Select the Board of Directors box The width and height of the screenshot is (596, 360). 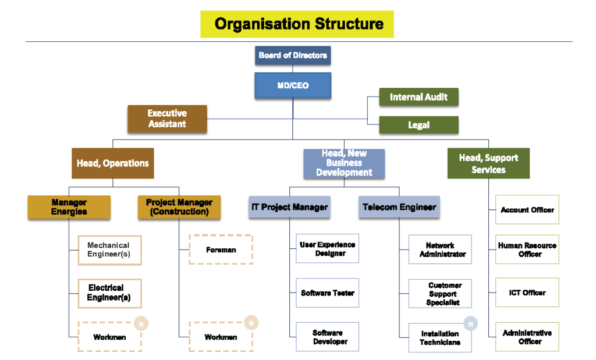(x=293, y=55)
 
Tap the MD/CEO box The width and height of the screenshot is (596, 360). (x=293, y=85)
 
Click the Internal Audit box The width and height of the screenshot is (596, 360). (x=418, y=97)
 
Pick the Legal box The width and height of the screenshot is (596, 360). (x=418, y=125)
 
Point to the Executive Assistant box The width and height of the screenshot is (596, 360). (x=167, y=119)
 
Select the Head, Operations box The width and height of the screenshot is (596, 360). (x=113, y=163)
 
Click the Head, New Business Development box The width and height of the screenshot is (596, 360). (x=344, y=163)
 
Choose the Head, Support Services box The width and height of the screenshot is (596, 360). (x=488, y=163)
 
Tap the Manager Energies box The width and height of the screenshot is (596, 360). (x=69, y=207)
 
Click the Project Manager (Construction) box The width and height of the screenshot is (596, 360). (x=179, y=207)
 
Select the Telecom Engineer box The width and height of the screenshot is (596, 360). (x=399, y=207)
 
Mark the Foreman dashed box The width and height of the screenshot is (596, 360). (x=221, y=249)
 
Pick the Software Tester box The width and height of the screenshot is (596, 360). (x=327, y=293)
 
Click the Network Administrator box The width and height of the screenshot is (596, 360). (x=440, y=249)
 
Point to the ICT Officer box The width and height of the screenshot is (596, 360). (x=527, y=293)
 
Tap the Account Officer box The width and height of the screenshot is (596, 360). (x=527, y=209)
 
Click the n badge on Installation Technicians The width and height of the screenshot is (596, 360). (x=471, y=324)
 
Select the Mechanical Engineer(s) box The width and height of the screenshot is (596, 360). (x=109, y=249)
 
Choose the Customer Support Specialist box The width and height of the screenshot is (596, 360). (x=440, y=294)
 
